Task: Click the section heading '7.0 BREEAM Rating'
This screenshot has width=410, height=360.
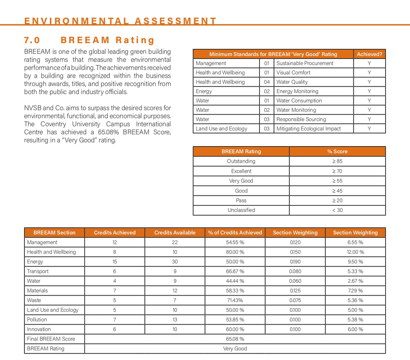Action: (89, 40)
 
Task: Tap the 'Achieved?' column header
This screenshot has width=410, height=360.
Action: (369, 54)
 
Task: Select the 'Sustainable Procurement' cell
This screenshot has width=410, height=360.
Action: (305, 63)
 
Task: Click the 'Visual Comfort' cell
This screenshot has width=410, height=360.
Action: (293, 73)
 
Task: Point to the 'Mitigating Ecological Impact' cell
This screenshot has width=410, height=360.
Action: (308, 129)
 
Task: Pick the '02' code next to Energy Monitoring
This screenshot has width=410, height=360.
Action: (266, 91)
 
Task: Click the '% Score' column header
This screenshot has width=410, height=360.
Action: (337, 151)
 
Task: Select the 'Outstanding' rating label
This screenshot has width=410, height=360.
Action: (241, 161)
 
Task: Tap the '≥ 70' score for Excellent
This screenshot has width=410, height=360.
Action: (337, 171)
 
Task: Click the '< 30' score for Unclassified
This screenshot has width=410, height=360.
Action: (337, 210)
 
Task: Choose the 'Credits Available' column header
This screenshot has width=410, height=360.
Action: (175, 233)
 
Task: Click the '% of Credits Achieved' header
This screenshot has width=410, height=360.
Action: (235, 233)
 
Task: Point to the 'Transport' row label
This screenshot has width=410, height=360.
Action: (38, 271)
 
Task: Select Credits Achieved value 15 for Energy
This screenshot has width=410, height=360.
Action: (114, 262)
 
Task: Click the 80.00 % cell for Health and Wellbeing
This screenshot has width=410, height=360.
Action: (235, 252)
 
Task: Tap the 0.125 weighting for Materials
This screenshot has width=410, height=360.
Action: (295, 291)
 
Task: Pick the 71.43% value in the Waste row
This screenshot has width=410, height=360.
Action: (235, 300)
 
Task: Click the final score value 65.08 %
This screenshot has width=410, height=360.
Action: (235, 339)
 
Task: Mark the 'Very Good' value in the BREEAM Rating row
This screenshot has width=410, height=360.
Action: (235, 349)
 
